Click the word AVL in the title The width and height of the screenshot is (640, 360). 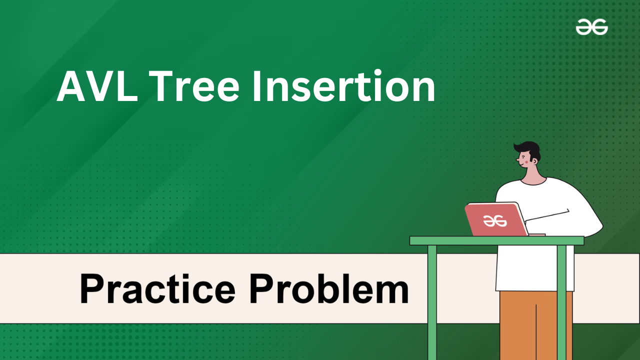pos(97,86)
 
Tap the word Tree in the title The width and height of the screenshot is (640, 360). pos(193,86)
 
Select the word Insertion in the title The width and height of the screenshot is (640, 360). pos(343,85)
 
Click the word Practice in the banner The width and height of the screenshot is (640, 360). pos(157,288)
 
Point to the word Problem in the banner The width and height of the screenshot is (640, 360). pos(329,288)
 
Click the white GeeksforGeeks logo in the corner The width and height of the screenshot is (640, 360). pos(591,27)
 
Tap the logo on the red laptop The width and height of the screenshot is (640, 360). pos(495,221)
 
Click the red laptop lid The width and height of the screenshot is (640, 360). pos(496,219)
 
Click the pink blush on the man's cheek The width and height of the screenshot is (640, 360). pos(523,162)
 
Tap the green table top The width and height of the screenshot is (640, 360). pos(496,240)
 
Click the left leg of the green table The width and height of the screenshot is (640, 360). pos(432,302)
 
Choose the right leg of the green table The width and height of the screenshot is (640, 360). pos(561,302)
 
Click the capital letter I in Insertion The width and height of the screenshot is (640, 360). pos(257,86)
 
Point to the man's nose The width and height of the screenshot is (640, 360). pos(517,159)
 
